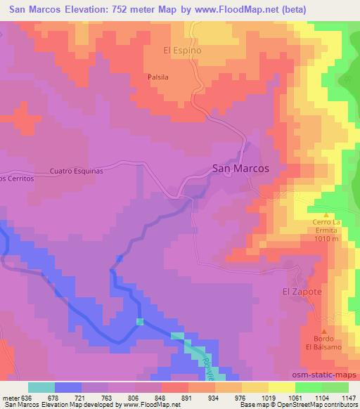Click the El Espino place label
[182, 51]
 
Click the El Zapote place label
[298, 291]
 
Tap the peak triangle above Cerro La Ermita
[326, 215]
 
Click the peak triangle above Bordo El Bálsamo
[324, 332]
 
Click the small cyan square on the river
[140, 321]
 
